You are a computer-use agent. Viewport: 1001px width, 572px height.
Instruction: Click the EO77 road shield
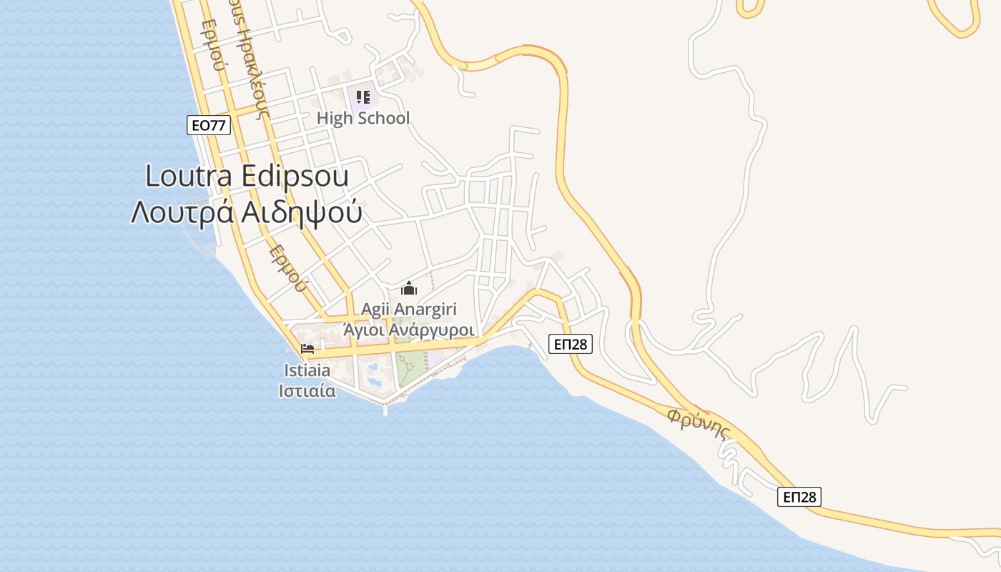(209, 125)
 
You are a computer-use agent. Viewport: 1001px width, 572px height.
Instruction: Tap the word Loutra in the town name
(191, 177)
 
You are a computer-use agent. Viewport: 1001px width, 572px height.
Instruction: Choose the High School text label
(363, 118)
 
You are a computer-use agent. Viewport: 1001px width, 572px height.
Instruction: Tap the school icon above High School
(363, 97)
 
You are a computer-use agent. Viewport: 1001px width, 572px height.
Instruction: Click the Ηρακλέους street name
(255, 68)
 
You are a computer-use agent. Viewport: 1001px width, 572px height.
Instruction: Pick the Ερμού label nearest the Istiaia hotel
(288, 269)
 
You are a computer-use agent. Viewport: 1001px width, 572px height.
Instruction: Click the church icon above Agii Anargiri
(409, 289)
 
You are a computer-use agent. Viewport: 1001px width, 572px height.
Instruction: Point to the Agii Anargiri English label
(409, 310)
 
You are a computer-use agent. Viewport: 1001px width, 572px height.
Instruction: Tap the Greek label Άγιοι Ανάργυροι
(409, 330)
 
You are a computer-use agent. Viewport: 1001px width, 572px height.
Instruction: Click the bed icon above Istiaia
(307, 350)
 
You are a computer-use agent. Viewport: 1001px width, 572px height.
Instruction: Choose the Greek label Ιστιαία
(307, 391)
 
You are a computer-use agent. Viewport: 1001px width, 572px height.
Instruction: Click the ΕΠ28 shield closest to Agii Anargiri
(572, 344)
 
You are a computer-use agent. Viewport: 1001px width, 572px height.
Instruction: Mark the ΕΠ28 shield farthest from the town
(799, 496)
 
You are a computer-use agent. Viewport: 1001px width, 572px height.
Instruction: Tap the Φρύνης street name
(699, 423)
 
